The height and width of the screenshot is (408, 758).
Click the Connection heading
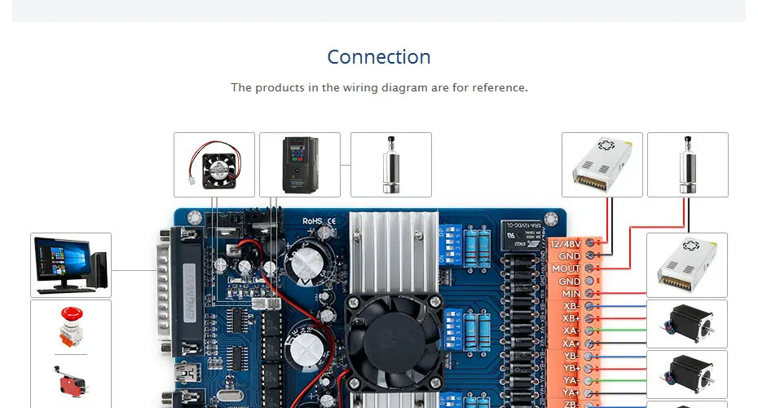coord(379,57)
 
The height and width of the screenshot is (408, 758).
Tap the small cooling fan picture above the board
coord(214,164)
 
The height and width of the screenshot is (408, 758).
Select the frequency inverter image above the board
coord(299,164)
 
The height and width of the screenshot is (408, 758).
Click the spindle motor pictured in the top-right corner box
coord(687,164)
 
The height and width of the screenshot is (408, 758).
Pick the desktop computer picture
coord(70,265)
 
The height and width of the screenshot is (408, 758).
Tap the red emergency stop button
coord(70,324)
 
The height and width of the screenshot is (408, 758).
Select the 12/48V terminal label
coord(566,244)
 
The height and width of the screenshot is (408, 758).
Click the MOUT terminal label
coord(566,268)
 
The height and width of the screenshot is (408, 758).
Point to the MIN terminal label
coord(571,293)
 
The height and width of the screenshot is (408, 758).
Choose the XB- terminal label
coord(571,306)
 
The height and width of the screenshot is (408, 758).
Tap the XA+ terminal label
coord(571,344)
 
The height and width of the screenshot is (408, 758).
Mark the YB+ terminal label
coord(571,368)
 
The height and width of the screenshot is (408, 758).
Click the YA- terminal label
coord(571,380)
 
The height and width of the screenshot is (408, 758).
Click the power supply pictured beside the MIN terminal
coord(686,265)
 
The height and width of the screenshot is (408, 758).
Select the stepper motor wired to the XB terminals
coord(686,324)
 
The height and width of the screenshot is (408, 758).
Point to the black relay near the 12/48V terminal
coord(522,237)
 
